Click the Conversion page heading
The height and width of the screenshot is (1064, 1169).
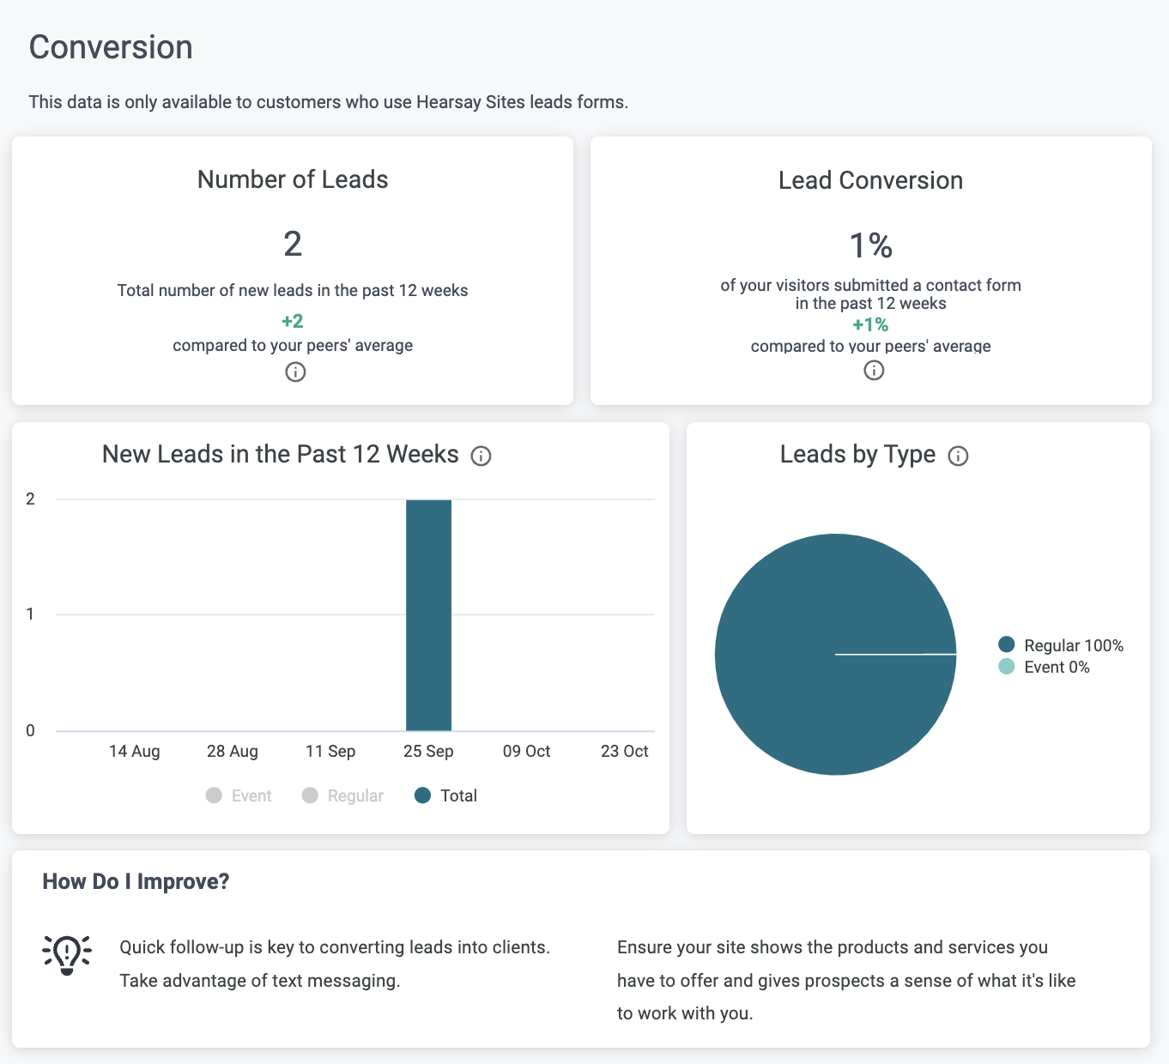(111, 48)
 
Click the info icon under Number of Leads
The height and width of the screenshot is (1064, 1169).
(295, 372)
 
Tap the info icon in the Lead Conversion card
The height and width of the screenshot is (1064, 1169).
(874, 370)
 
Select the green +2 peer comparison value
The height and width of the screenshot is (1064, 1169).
(293, 322)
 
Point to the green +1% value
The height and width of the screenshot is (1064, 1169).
(870, 325)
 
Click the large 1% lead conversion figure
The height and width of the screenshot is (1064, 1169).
(870, 246)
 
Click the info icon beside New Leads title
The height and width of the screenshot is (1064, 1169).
(482, 456)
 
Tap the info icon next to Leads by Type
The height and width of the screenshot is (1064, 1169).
(958, 456)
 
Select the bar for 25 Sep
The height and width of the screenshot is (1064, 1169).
(428, 614)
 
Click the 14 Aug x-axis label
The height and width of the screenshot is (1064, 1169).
(135, 752)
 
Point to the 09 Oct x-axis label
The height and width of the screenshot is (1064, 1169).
(526, 752)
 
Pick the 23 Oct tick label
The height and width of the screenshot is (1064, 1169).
(624, 752)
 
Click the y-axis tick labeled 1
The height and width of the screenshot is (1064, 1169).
(31, 614)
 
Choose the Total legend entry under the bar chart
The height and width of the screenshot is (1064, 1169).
(446, 796)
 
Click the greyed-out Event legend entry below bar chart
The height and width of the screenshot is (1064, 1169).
(239, 796)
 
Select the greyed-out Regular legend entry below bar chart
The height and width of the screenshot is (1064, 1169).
(343, 796)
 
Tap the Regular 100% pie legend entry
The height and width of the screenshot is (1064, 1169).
(1062, 645)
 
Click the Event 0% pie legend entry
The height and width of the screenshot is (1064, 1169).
(1045, 668)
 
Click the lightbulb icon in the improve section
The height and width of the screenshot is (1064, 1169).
(67, 954)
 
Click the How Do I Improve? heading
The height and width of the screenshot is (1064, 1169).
(136, 882)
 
